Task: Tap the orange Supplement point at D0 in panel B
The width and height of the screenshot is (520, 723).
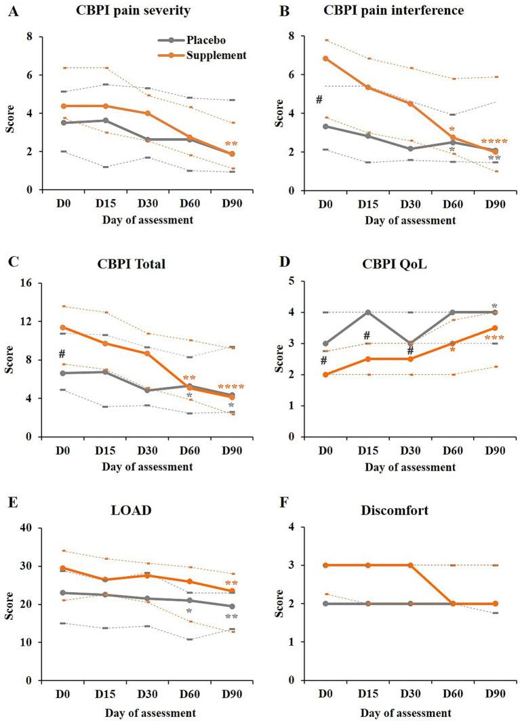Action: pyautogui.click(x=325, y=58)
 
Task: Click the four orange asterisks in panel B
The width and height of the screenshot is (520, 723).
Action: pyautogui.click(x=494, y=142)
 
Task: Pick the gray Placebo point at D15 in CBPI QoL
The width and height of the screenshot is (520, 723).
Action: pyautogui.click(x=367, y=312)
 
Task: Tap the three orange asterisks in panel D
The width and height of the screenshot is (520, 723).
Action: pyautogui.click(x=494, y=338)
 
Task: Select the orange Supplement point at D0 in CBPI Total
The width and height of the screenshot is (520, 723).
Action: pyautogui.click(x=63, y=327)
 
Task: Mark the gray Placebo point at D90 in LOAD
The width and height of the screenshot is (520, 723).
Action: pyautogui.click(x=232, y=606)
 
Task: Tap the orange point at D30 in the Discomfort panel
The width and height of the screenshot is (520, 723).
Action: pyautogui.click(x=409, y=565)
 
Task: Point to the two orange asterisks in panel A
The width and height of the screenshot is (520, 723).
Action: pyautogui.click(x=231, y=144)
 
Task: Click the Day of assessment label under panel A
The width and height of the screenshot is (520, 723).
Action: pyautogui.click(x=148, y=220)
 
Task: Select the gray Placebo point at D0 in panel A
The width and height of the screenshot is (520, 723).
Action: pyautogui.click(x=63, y=123)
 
